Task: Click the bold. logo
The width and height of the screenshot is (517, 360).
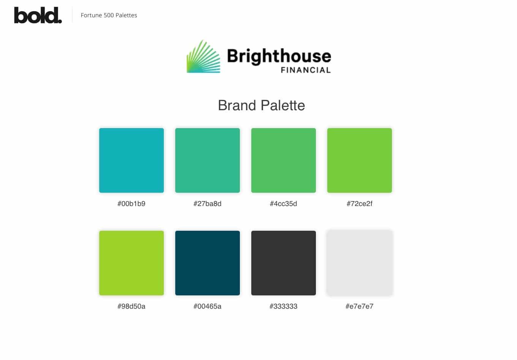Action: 38,15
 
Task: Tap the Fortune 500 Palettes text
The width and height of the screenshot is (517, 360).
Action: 109,15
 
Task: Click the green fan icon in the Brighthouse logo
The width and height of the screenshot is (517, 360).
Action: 203,57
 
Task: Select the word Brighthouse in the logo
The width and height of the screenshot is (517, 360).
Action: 279,57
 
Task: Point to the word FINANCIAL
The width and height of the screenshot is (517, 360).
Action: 306,70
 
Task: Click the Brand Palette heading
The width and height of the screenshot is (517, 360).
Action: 262,105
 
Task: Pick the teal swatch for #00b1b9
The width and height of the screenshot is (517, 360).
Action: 132,160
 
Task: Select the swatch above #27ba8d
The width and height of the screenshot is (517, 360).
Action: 208,160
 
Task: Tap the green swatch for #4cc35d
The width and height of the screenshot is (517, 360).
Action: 284,160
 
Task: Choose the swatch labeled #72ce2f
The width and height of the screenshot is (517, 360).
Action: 359,160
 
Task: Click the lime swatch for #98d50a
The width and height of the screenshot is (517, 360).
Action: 132,263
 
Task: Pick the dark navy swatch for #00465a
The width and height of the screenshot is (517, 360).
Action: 208,263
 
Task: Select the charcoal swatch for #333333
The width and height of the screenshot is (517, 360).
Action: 284,263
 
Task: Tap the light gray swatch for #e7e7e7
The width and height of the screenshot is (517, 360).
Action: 359,263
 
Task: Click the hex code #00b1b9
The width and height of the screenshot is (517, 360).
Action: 131,203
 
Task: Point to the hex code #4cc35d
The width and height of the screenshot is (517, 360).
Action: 284,203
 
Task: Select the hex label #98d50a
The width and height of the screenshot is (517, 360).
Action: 131,306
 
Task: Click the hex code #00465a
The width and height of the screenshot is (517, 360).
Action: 207,306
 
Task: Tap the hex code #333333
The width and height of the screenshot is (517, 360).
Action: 284,306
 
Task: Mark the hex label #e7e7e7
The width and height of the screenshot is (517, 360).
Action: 359,306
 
